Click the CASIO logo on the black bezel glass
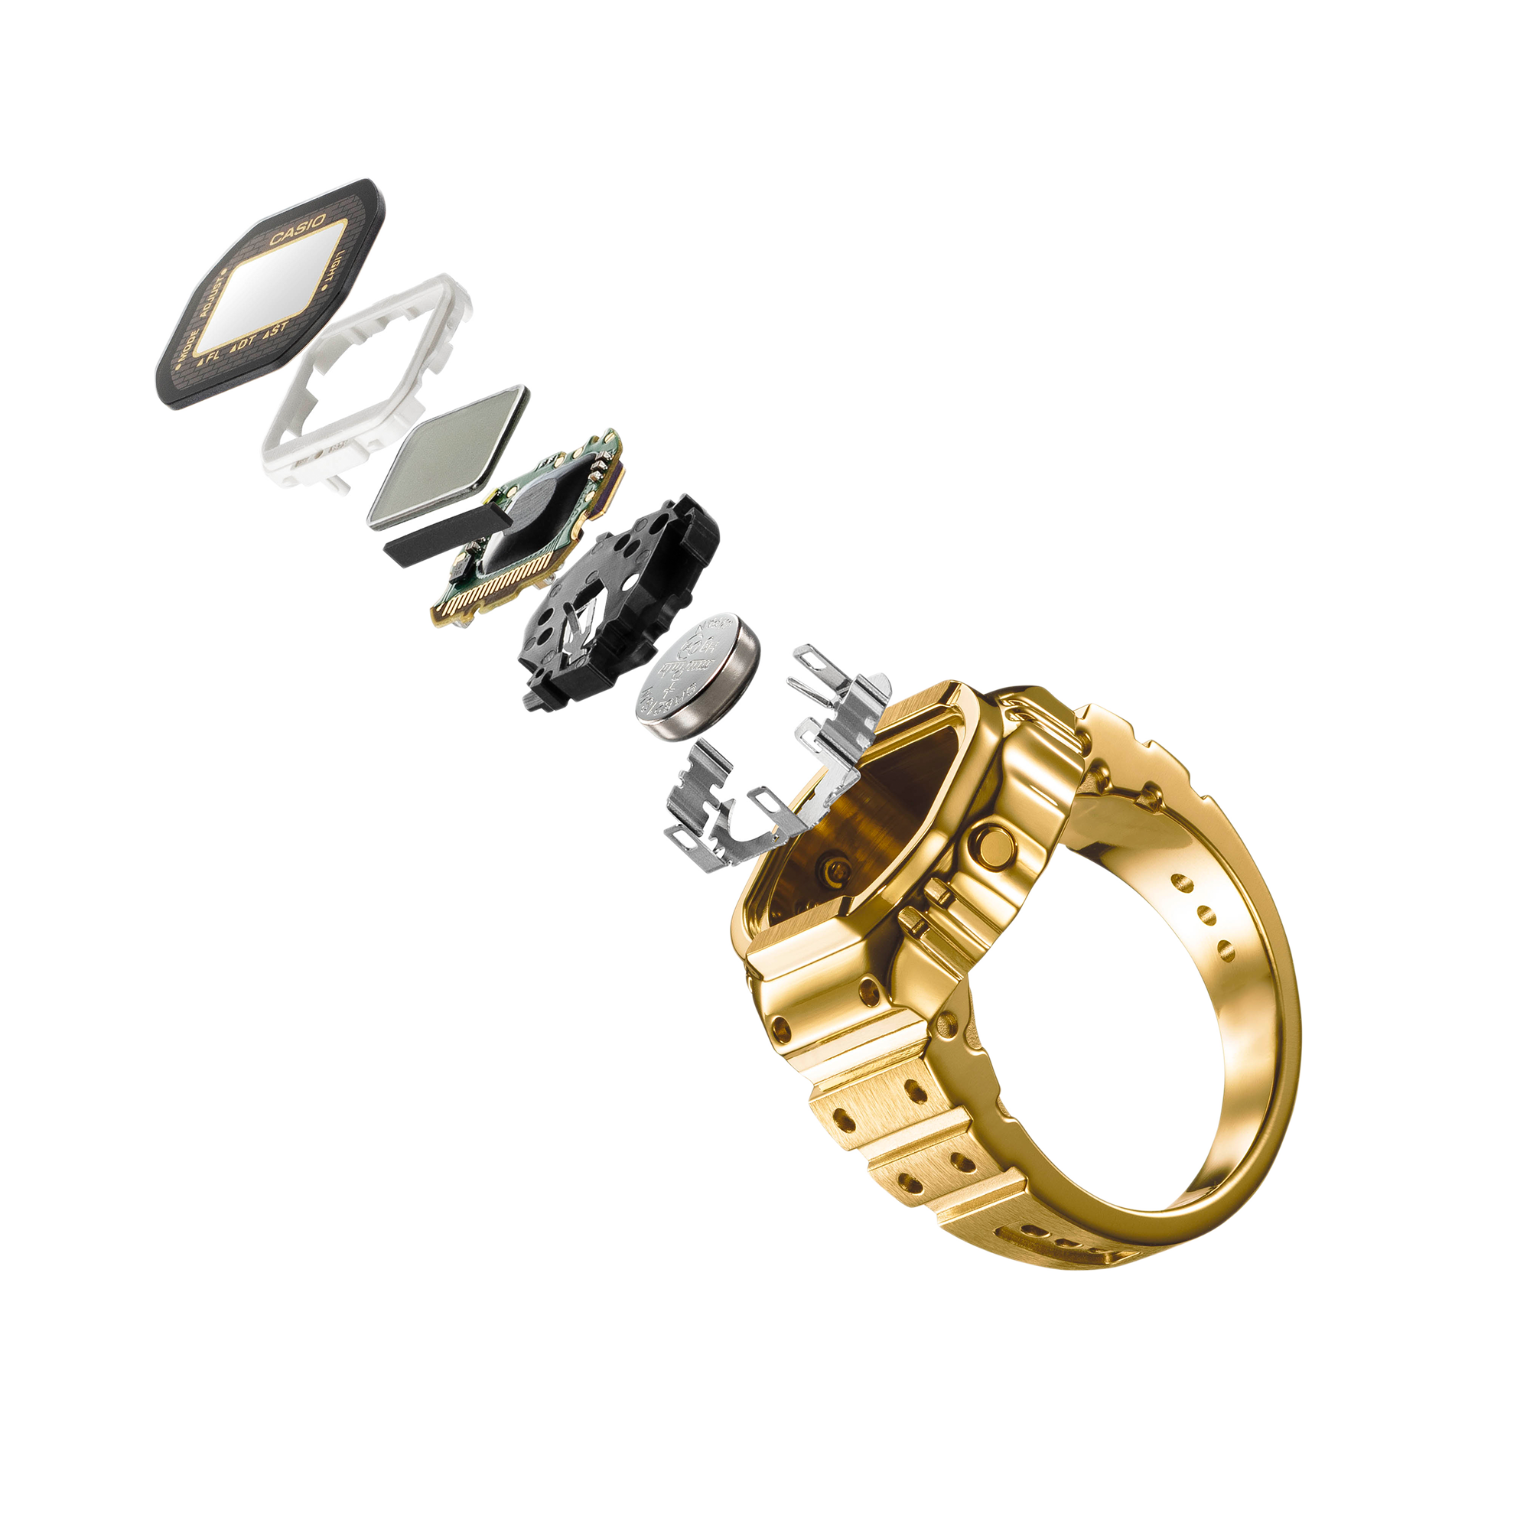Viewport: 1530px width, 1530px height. click(298, 229)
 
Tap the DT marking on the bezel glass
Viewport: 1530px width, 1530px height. click(243, 343)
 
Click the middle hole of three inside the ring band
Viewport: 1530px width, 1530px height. click(1206, 917)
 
